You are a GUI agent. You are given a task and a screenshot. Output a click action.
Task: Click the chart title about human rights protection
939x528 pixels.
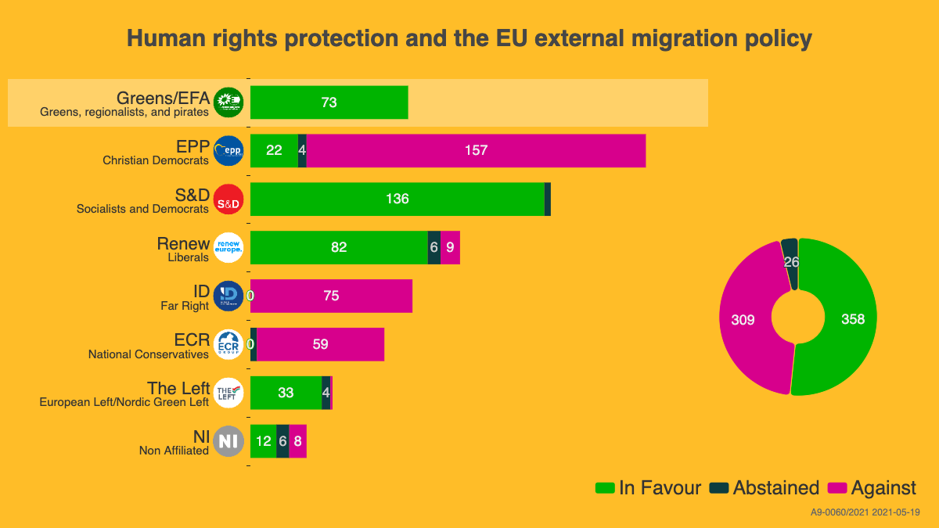point(469,39)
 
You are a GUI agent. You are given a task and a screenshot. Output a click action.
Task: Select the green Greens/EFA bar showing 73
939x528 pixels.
point(329,102)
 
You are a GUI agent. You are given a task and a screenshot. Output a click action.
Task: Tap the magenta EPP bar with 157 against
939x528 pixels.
point(476,151)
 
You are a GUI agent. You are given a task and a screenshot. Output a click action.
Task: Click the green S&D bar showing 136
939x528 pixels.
point(397,199)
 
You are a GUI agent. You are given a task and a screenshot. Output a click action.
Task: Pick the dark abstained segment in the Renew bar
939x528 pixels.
point(434,248)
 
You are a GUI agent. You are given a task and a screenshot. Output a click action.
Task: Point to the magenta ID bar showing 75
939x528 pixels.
point(331,296)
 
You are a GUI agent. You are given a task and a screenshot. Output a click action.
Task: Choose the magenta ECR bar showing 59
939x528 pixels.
point(320,345)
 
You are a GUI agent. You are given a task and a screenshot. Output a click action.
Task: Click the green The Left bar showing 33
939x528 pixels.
point(286,393)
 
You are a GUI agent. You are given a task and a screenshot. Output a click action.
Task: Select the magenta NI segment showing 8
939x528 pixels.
point(297,441)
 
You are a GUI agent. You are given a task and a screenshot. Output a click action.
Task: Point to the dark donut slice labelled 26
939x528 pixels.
point(790,262)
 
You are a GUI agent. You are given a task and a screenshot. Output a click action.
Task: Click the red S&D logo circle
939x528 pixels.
point(228,199)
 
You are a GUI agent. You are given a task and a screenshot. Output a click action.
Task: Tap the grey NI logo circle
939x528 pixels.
point(228,441)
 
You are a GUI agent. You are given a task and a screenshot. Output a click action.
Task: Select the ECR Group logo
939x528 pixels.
point(228,345)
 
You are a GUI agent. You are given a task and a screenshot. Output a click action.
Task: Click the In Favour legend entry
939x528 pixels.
point(649,488)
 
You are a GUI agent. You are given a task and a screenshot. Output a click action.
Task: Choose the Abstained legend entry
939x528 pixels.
point(765,488)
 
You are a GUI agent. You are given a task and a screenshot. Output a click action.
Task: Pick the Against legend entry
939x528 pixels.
point(872,488)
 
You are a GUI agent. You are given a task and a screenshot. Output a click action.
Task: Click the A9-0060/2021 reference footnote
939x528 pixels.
point(865,512)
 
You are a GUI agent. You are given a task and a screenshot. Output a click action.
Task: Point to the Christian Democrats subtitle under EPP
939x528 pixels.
point(156,160)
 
